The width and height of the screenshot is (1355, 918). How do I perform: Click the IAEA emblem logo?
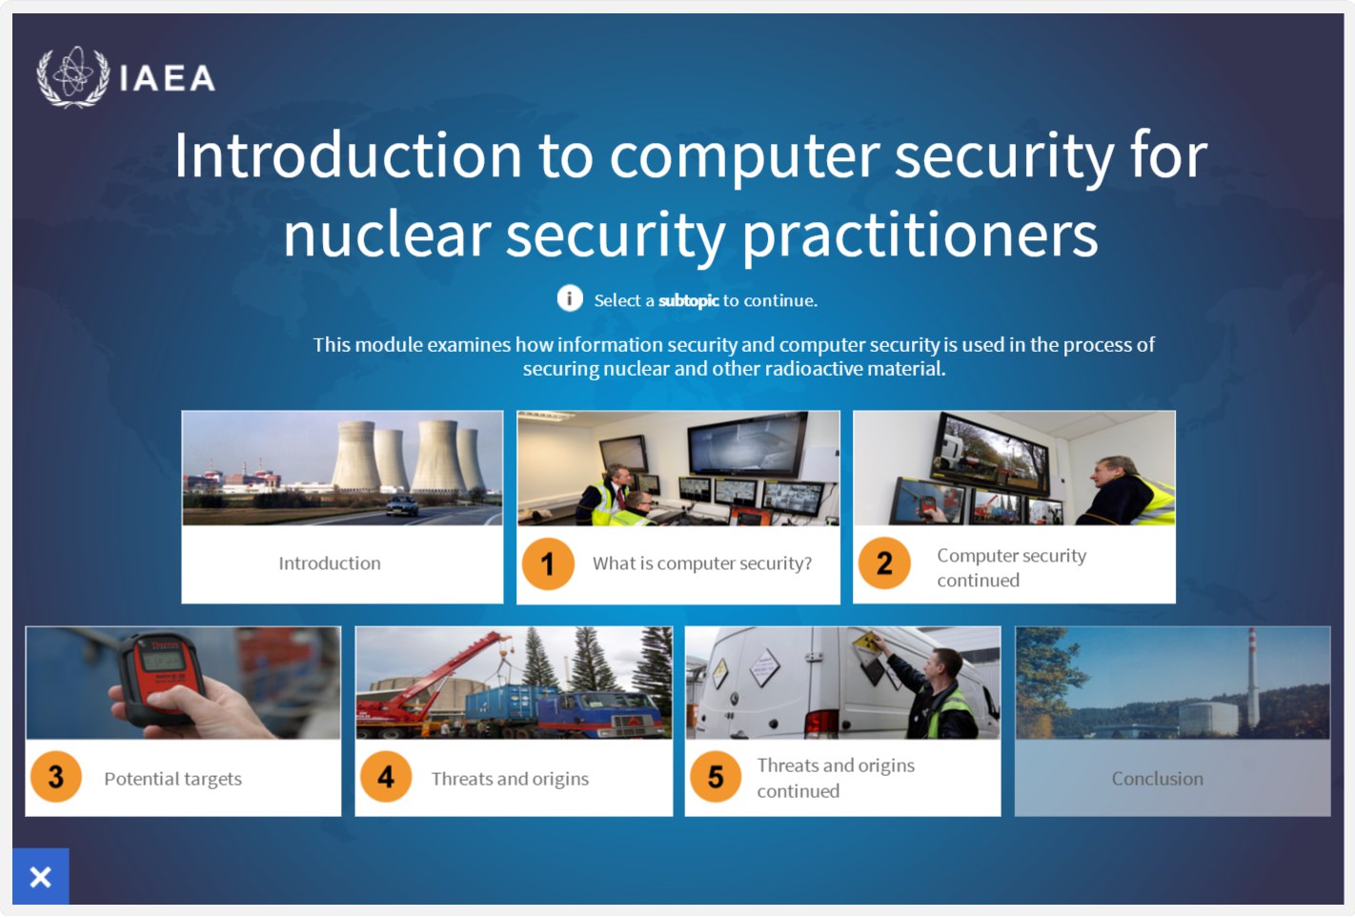73,77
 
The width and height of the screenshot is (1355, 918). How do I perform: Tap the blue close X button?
41,876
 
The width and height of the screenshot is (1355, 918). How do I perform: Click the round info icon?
570,298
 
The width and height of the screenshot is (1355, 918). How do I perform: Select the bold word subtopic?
688,300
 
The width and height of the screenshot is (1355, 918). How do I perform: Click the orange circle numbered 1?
548,563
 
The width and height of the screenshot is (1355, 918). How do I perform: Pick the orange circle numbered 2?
884,563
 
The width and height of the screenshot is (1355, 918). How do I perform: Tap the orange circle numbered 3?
56,777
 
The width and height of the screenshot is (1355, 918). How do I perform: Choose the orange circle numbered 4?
386,777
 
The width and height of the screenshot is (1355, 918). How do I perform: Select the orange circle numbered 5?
716,777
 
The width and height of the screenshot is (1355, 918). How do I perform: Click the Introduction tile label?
330,563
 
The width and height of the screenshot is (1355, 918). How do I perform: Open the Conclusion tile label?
1157,779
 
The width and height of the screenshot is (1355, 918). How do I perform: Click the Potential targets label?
173,779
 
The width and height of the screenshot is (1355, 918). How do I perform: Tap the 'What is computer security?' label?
702,563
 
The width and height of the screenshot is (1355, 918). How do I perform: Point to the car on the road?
402,505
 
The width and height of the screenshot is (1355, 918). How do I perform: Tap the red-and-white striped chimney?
1253,678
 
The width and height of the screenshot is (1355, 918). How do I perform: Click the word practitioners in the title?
920,235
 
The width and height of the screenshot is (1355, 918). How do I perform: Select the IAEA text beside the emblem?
167,79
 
